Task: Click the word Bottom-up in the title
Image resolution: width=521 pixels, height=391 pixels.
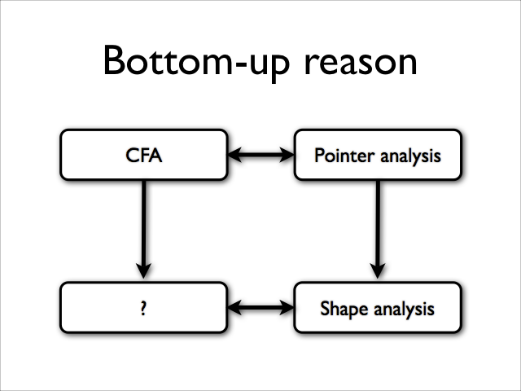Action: click(x=197, y=63)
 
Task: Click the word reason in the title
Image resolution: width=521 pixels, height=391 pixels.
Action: click(x=361, y=64)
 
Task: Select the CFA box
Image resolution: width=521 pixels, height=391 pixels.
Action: click(x=144, y=155)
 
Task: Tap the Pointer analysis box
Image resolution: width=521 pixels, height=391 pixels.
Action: click(x=378, y=155)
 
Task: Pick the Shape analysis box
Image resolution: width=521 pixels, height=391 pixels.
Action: click(x=378, y=307)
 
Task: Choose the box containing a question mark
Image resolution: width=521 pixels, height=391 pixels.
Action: click(x=144, y=307)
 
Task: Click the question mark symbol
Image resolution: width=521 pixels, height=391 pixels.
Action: click(x=143, y=308)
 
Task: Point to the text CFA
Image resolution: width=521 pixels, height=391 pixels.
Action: click(x=144, y=156)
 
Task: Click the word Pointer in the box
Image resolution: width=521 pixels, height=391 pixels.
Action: click(x=344, y=156)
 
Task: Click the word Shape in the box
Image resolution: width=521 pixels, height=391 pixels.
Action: click(x=344, y=309)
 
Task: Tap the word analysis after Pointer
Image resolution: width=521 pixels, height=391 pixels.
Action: click(x=410, y=156)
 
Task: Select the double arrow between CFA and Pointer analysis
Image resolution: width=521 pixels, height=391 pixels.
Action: click(x=260, y=155)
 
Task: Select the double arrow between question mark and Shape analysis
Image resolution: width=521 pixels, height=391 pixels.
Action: click(x=260, y=307)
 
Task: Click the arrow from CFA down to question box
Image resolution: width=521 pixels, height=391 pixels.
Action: click(x=143, y=230)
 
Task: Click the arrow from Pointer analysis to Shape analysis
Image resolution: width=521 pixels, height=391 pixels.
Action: click(x=378, y=230)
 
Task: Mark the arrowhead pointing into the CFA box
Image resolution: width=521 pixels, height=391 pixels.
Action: click(x=234, y=155)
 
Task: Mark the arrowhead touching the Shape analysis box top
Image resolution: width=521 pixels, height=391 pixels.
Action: click(x=378, y=271)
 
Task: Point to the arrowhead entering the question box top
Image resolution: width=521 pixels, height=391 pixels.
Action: click(x=143, y=271)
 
